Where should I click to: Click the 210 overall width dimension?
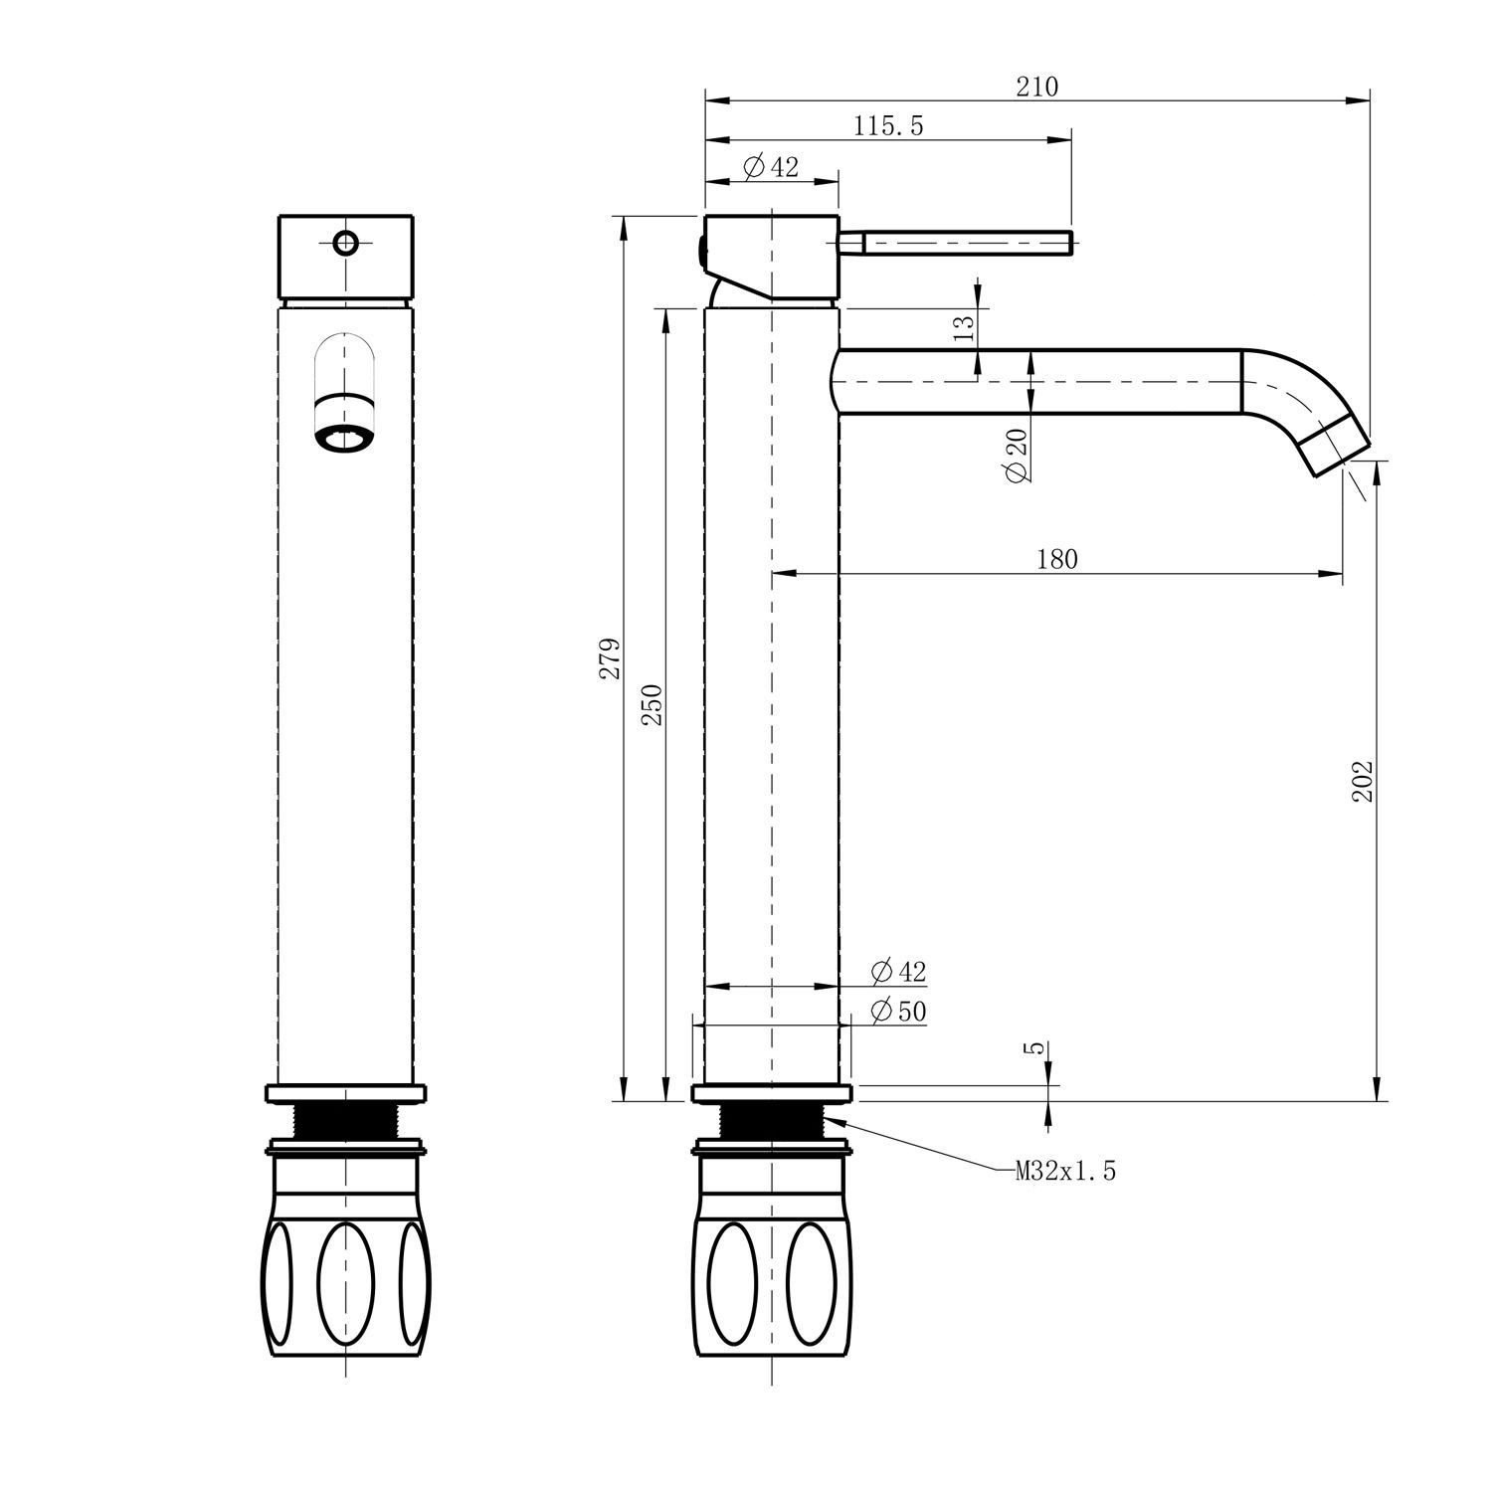pos(1036,88)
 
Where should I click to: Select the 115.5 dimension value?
pos(888,126)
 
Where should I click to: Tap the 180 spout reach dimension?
pos(1056,559)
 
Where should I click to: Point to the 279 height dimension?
pos(610,658)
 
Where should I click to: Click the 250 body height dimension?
pos(652,705)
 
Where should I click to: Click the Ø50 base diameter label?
pos(898,1012)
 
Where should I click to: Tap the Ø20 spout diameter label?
pos(1017,456)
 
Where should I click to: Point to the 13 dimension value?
pos(964,327)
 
